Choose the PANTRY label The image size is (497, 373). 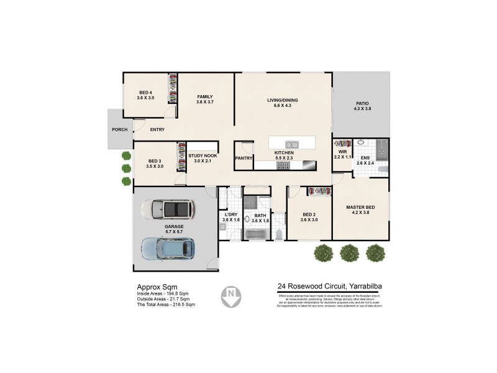point(244,158)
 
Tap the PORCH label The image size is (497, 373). point(119,129)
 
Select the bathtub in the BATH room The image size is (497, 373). point(258,234)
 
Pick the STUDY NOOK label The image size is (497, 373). point(203,155)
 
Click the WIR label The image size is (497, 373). point(342,152)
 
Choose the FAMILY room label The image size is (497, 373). point(205,96)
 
